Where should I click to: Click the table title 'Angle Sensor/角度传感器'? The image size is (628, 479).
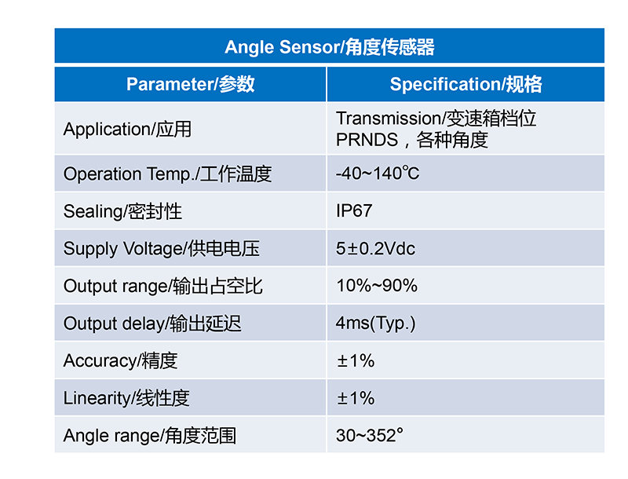329,47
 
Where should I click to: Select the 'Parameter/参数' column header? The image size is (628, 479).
190,84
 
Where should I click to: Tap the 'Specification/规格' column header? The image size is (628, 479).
466,84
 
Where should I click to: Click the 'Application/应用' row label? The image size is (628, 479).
127,129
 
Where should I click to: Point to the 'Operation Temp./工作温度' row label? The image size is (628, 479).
167,174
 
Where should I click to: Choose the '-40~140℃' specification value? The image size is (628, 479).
378,174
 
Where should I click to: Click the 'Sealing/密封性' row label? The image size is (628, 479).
122,211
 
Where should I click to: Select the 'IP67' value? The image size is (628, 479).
354,210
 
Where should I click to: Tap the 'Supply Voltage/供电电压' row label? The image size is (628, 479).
162,248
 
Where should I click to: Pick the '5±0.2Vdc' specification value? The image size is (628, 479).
375,248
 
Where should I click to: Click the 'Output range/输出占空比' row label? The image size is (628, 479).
162,286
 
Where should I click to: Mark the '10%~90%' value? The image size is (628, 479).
377,286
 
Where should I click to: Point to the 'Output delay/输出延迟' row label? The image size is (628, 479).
152,324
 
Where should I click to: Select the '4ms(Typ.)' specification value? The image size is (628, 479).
375,324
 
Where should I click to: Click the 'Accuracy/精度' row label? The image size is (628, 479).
120,360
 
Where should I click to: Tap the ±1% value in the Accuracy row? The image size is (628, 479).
356,360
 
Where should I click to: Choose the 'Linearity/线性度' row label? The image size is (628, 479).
126,397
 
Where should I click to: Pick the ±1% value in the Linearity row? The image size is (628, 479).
356,398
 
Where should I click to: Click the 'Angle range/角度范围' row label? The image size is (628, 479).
150,435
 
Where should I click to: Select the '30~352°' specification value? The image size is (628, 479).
369,435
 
